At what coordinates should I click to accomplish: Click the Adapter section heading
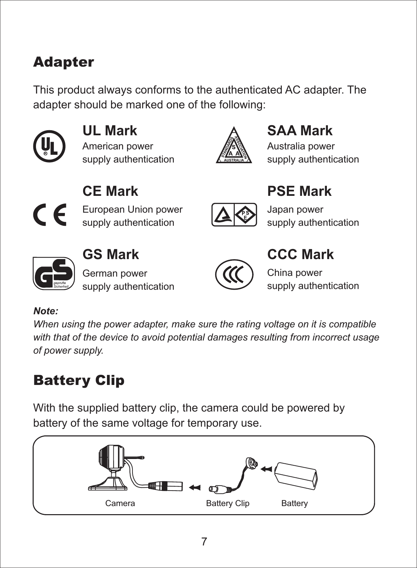(64, 62)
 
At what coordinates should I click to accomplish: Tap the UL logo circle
(49, 146)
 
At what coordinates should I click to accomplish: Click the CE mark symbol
(50, 215)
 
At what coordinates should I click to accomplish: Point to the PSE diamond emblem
(245, 215)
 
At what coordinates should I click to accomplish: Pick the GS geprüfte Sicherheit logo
(53, 274)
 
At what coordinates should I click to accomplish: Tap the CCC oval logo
(234, 275)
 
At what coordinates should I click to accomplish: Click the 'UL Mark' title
(110, 131)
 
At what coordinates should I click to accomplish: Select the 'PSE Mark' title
(299, 191)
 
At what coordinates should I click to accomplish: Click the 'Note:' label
(46, 311)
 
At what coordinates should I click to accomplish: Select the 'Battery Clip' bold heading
(79, 381)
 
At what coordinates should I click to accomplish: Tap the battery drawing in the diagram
(296, 475)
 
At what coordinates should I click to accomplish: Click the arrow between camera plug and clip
(195, 487)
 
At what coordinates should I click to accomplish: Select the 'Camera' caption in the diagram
(120, 503)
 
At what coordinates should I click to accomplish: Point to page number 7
(204, 542)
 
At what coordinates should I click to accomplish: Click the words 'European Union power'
(132, 209)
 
